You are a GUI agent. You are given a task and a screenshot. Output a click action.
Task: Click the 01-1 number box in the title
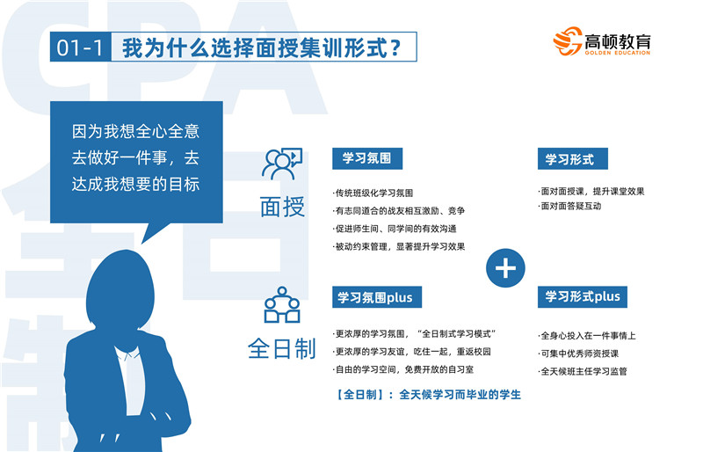point(80,47)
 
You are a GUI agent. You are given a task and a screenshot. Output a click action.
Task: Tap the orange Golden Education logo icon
point(568,40)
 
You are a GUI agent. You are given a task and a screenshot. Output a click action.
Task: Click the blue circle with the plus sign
point(505,268)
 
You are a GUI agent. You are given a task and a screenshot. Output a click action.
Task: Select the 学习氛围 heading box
point(367,158)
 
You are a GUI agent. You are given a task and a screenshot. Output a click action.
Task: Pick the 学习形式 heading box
point(573,158)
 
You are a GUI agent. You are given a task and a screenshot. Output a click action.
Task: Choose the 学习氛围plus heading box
point(377,296)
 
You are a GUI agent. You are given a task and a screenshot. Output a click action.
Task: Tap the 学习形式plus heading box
point(583,296)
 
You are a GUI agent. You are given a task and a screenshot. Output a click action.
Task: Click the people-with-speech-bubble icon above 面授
point(282,164)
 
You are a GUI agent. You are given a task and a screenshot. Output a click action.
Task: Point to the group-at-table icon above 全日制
point(282,305)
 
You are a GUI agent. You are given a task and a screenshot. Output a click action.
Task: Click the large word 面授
point(282,207)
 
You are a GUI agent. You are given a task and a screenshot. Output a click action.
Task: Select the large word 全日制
point(282,348)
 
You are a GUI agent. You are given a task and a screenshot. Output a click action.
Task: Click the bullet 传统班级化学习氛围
point(373,193)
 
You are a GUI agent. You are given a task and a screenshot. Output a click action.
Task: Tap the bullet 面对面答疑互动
point(569,206)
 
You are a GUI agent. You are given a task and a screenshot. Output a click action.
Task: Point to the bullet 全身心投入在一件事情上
point(587,335)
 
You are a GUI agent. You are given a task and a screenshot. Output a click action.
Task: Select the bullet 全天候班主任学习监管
point(583,371)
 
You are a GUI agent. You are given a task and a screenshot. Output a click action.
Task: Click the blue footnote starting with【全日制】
point(428,395)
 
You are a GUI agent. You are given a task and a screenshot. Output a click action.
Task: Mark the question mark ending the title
point(395,47)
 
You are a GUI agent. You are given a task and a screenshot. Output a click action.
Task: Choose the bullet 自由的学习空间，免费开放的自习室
point(403,369)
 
